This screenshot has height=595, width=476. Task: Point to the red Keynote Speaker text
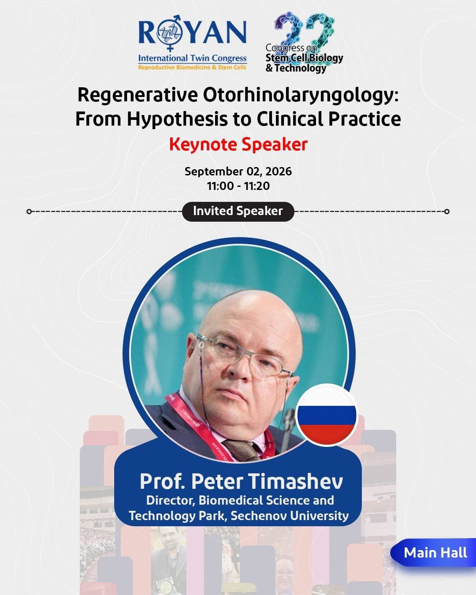click(x=238, y=144)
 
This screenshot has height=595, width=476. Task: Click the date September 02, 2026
click(x=238, y=171)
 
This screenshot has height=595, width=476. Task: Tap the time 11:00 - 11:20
click(x=238, y=186)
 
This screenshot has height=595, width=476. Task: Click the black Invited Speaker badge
click(x=238, y=211)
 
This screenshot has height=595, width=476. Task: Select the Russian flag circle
click(x=327, y=415)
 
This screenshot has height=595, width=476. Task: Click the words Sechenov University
click(x=290, y=516)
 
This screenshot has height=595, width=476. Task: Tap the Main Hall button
click(x=433, y=553)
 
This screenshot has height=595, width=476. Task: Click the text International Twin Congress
click(x=192, y=58)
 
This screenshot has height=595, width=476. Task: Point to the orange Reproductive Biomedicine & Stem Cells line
click(x=192, y=67)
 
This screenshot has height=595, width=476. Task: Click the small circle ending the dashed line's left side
click(x=29, y=212)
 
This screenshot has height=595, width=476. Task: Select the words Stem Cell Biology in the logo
click(x=304, y=58)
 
